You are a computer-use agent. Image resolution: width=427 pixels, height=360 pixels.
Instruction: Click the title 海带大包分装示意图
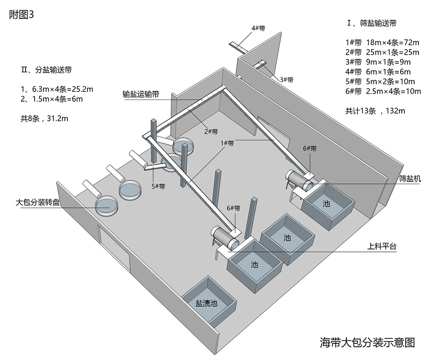pos(367,342)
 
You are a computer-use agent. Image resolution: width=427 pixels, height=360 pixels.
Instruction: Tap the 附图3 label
pos(21,15)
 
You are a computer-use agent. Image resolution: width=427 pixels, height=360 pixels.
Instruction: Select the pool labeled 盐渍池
pos(207,304)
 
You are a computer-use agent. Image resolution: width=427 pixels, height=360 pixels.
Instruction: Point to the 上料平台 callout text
pos(382,246)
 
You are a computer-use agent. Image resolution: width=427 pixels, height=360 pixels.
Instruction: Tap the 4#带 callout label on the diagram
pos(258,28)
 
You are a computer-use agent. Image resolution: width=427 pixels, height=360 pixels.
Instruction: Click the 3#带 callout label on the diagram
pos(287,79)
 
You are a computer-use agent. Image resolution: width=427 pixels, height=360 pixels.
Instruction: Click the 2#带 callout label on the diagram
pos(211,132)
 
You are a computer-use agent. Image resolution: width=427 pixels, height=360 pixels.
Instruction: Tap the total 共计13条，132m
pos(375,111)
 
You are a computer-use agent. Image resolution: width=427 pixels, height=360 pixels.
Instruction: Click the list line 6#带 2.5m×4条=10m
pos(383,91)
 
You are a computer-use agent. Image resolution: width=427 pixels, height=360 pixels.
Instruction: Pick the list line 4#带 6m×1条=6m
pos(378,72)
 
